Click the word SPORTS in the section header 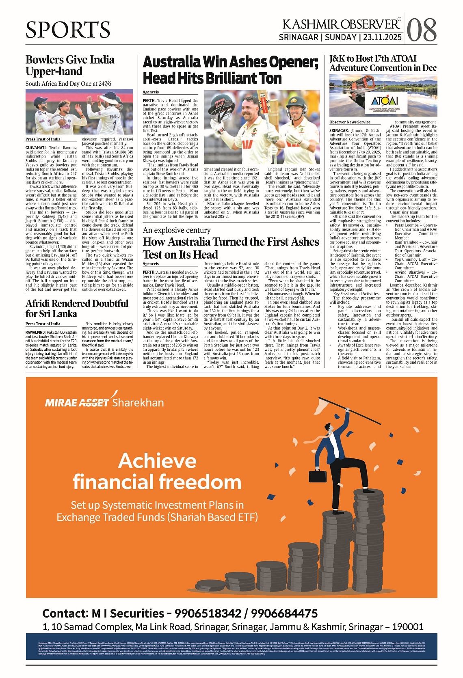[68, 30]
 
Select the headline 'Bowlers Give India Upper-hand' [70, 65]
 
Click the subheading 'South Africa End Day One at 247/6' [68, 84]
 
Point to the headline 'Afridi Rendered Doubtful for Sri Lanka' [77, 309]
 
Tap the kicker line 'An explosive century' [177, 230]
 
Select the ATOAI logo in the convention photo [384, 101]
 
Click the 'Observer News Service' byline [350, 122]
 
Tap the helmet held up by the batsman [221, 109]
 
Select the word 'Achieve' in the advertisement [158, 461]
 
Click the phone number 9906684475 [284, 613]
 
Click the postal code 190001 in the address [406, 627]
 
